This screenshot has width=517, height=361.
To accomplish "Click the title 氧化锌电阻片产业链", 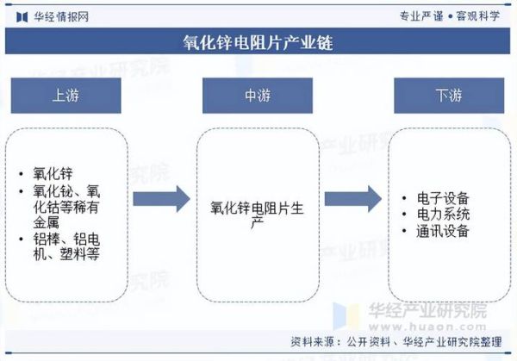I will (x=258, y=41).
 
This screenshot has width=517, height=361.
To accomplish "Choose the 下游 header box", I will (x=448, y=96).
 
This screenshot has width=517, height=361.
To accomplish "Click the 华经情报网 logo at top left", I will (x=50, y=15).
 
